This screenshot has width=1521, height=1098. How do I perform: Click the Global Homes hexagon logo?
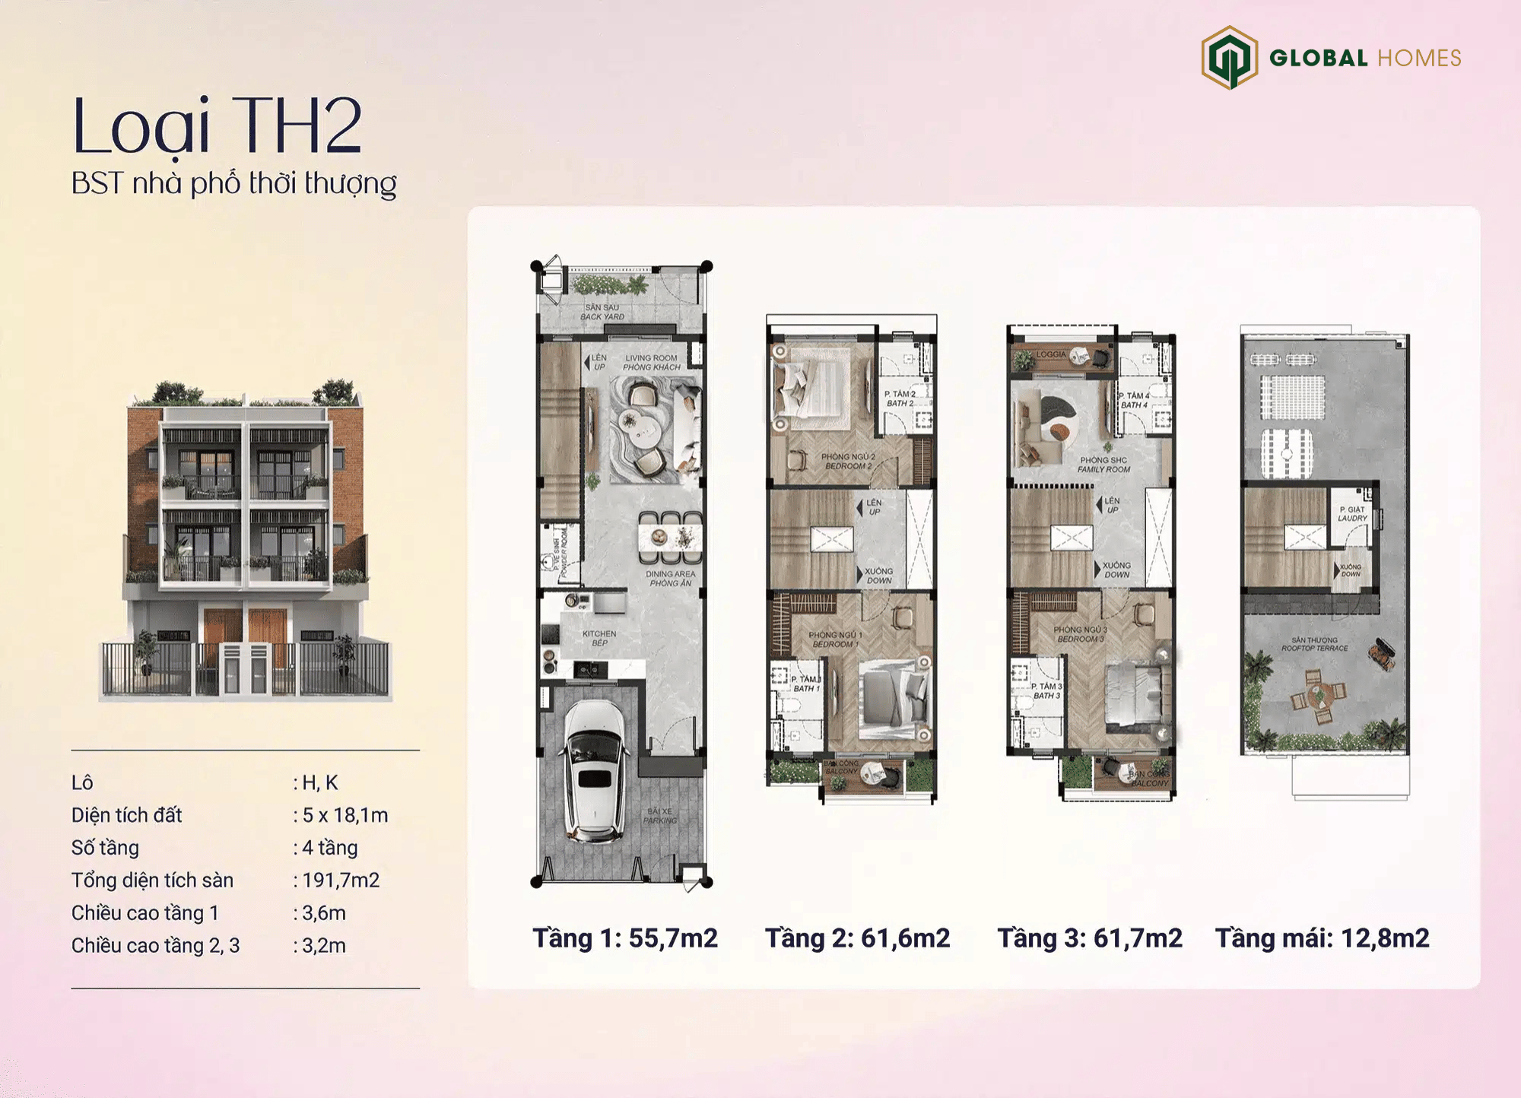(x=1228, y=58)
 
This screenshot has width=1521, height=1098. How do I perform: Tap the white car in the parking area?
(x=594, y=770)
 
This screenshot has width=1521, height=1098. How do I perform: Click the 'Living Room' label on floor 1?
(x=651, y=363)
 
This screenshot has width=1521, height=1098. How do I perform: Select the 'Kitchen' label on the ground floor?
(x=599, y=638)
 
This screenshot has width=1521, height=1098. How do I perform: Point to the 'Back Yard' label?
(x=602, y=313)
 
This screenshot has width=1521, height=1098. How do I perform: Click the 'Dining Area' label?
(x=670, y=579)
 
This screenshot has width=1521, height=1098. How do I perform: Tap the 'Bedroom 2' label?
(x=848, y=462)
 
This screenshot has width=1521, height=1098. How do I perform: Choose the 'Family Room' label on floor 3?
(x=1103, y=465)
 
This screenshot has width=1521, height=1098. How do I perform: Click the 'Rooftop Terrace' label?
(x=1314, y=644)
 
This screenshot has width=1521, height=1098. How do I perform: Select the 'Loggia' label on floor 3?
(x=1051, y=354)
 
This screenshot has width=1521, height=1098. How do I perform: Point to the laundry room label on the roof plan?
(x=1352, y=514)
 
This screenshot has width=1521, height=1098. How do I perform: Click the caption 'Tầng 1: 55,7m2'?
(x=624, y=938)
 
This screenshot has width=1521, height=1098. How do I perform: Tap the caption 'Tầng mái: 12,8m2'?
(x=1322, y=938)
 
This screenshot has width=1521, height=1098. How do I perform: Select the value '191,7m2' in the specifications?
(x=341, y=880)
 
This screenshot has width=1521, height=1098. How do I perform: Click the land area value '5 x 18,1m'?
(x=345, y=815)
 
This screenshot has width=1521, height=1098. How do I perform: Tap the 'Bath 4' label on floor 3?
(x=1134, y=400)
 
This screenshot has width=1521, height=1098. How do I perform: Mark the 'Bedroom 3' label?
(x=1080, y=634)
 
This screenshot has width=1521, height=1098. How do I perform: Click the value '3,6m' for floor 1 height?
(x=324, y=912)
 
